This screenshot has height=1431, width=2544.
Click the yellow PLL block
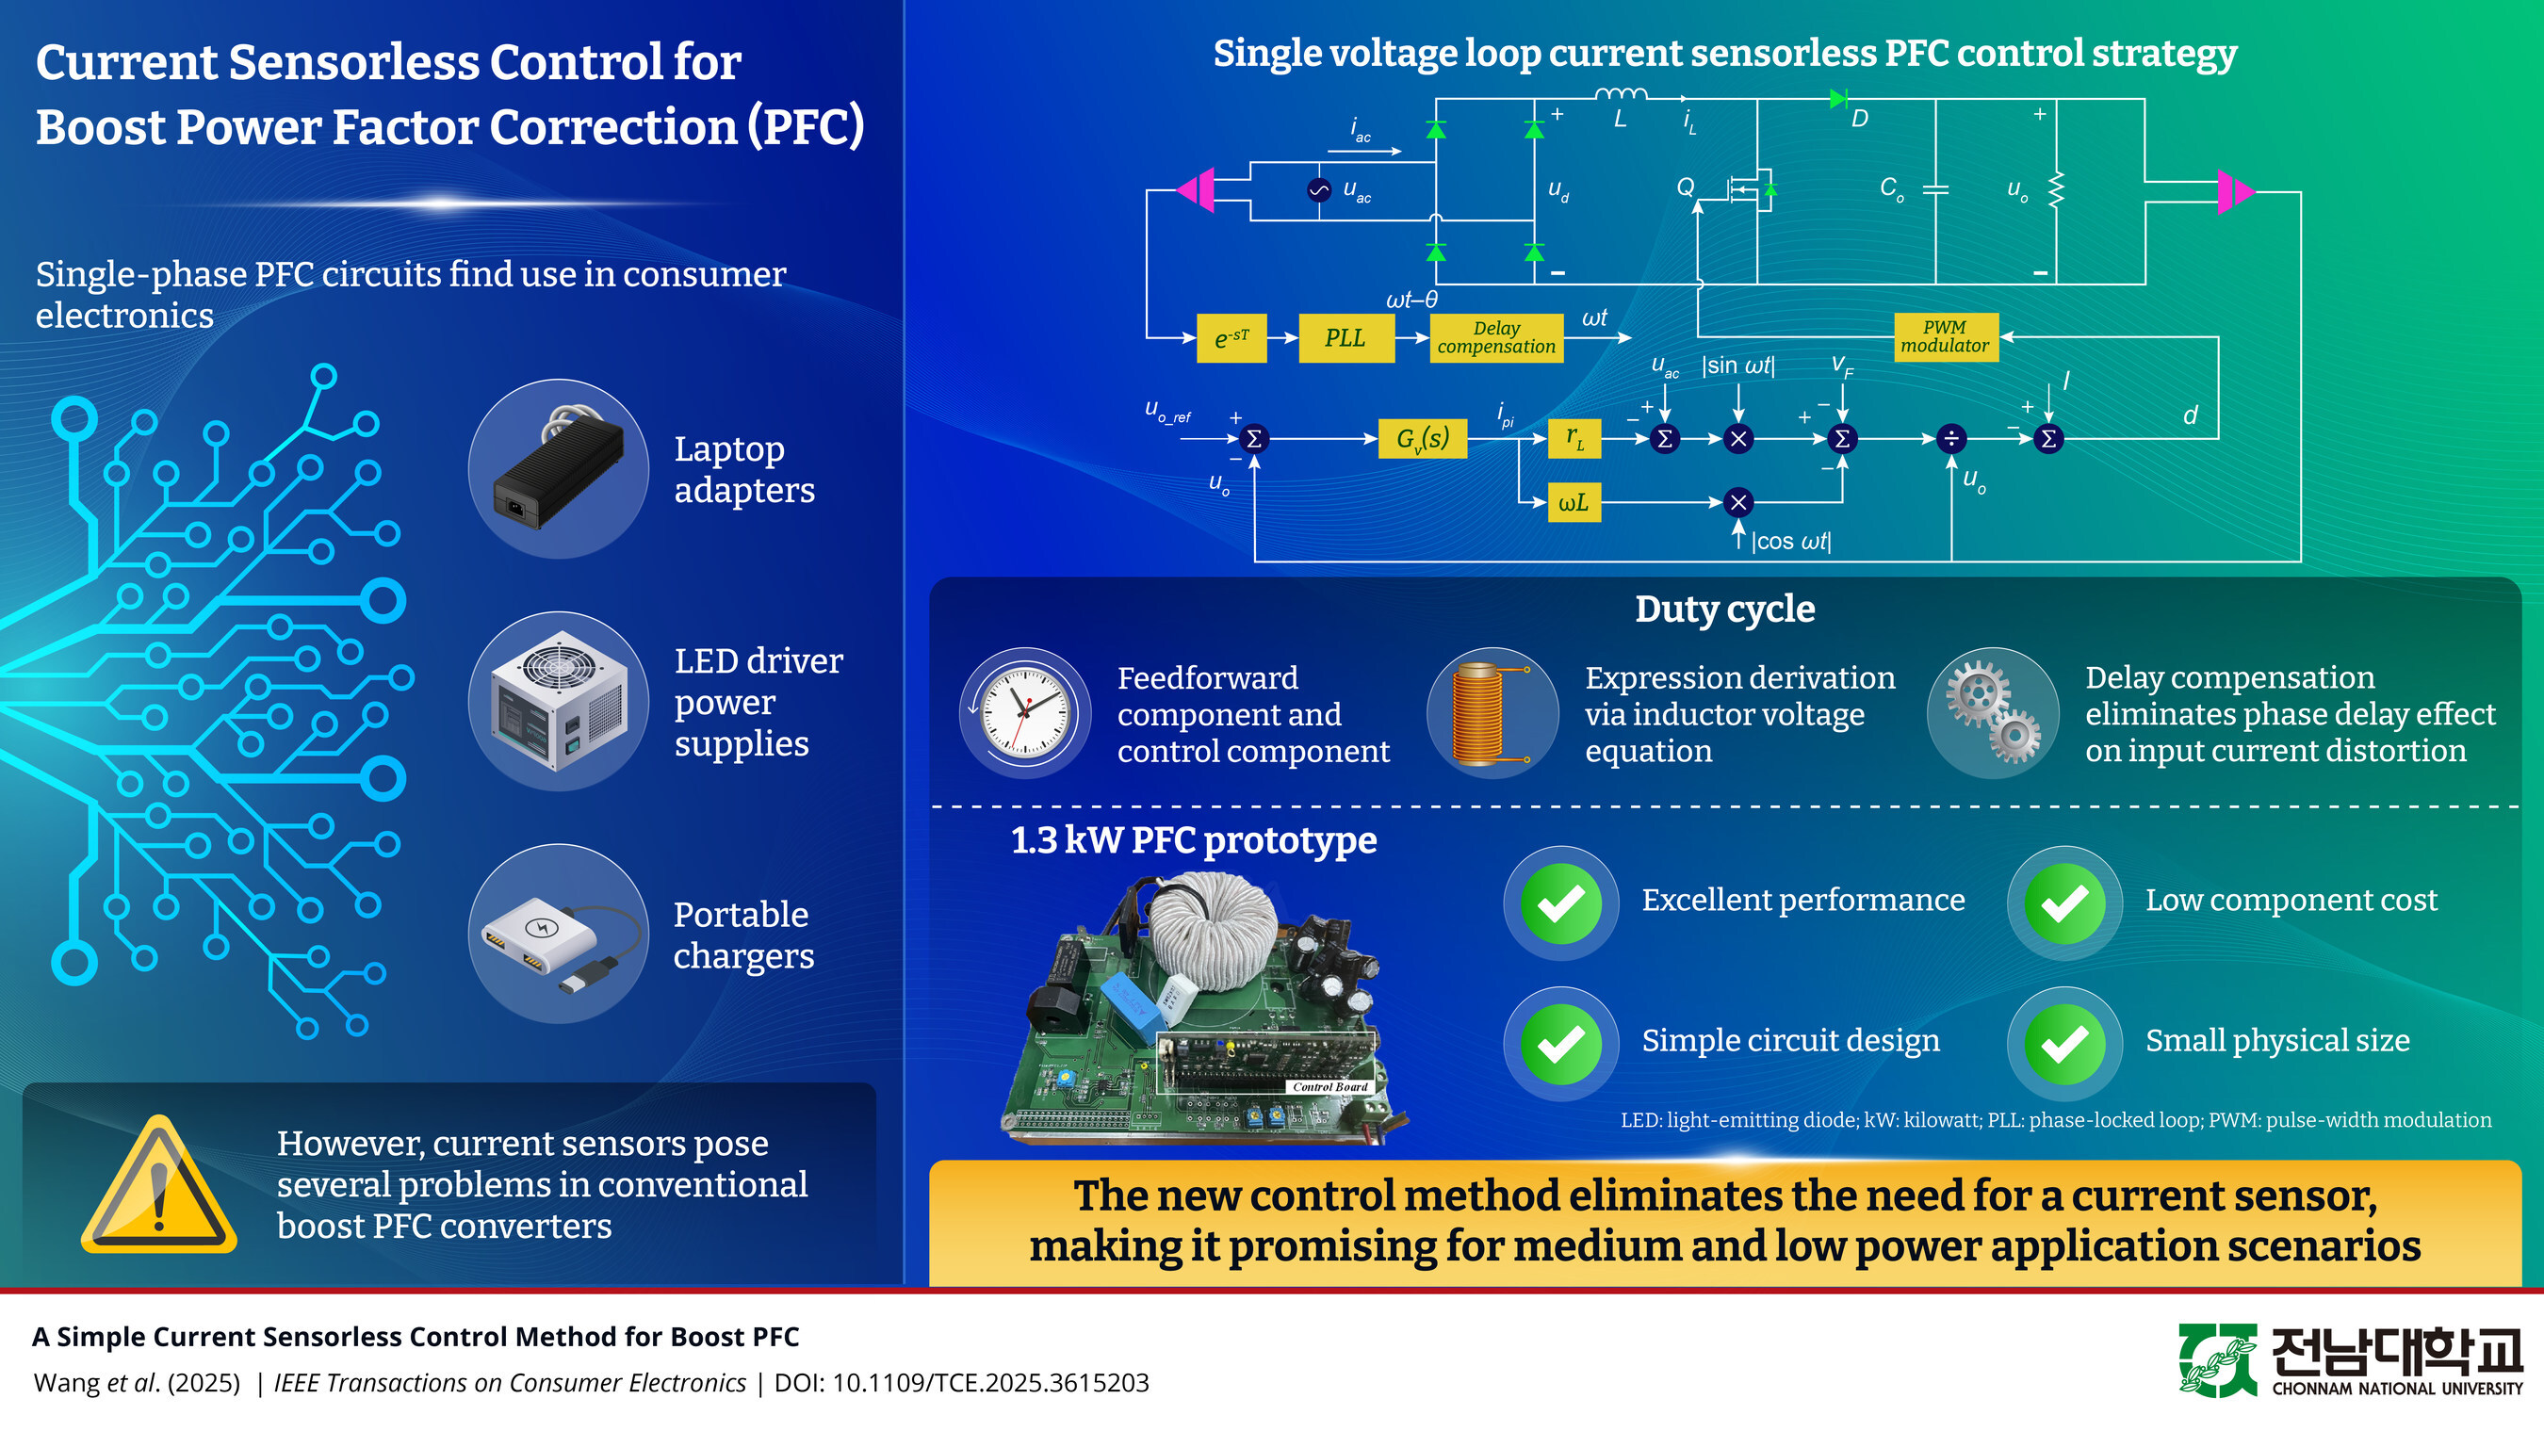tap(1345, 338)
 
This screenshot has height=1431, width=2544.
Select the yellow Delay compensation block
tap(1495, 338)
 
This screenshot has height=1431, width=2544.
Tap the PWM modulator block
tap(1945, 336)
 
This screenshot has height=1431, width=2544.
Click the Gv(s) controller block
tap(1422, 438)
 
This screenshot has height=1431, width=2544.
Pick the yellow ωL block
tap(1574, 503)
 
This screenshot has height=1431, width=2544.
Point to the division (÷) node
tap(1950, 438)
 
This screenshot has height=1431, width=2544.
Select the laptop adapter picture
tap(558, 468)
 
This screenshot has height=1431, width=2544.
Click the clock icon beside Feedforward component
tap(1025, 713)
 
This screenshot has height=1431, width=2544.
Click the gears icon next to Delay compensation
tap(1993, 713)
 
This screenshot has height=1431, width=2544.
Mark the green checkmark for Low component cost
tap(2064, 903)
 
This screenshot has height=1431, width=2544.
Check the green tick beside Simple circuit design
tap(1560, 1043)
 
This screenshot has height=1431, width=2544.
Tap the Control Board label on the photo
tap(1329, 1086)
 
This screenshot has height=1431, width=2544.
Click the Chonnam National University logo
tap(2351, 1360)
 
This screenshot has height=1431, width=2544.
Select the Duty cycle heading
tap(1724, 610)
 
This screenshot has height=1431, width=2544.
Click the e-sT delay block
tap(1231, 338)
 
